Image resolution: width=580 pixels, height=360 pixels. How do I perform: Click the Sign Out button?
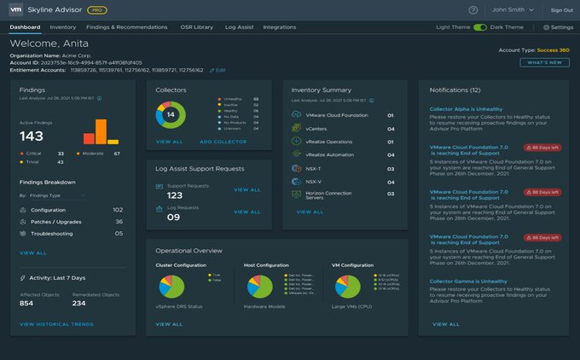coord(562,10)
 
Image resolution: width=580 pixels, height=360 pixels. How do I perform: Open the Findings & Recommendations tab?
coord(127,27)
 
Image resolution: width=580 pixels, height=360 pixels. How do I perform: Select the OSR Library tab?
coord(197,27)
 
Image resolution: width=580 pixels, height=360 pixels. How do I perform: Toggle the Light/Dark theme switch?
coord(480,27)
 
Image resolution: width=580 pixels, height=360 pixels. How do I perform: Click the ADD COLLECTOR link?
coord(223,142)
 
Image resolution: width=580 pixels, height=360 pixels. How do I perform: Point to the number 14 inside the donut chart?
coord(171,114)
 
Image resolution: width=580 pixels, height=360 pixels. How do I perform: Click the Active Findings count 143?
coord(32,136)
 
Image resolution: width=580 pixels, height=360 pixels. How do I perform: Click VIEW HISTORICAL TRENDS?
coord(56,324)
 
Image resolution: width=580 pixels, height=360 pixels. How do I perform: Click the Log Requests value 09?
coord(173,217)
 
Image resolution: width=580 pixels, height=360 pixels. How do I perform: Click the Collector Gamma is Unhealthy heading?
coord(468,281)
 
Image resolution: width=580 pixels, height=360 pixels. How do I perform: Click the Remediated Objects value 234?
coord(78,303)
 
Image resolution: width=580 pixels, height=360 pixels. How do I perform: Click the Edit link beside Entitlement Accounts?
coord(218,69)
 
